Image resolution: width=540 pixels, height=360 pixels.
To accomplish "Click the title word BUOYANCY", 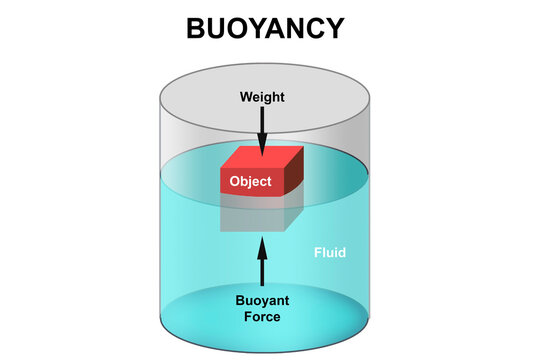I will (265, 29).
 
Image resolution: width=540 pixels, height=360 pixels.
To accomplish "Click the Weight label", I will (262, 97).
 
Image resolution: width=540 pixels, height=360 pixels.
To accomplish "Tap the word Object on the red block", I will (250, 181).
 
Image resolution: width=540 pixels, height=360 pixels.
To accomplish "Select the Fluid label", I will (328, 252).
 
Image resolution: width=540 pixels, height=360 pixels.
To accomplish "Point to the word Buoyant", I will (264, 300).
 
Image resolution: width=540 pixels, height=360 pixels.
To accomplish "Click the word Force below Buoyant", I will (264, 317).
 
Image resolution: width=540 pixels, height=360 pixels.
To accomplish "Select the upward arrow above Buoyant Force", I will (263, 262).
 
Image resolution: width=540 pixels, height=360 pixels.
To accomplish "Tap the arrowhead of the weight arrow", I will (262, 149).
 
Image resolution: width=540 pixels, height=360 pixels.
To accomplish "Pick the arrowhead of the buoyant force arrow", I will (263, 241).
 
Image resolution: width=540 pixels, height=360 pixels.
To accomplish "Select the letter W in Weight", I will (245, 97).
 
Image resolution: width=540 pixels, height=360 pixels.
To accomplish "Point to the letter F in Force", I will (248, 317).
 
